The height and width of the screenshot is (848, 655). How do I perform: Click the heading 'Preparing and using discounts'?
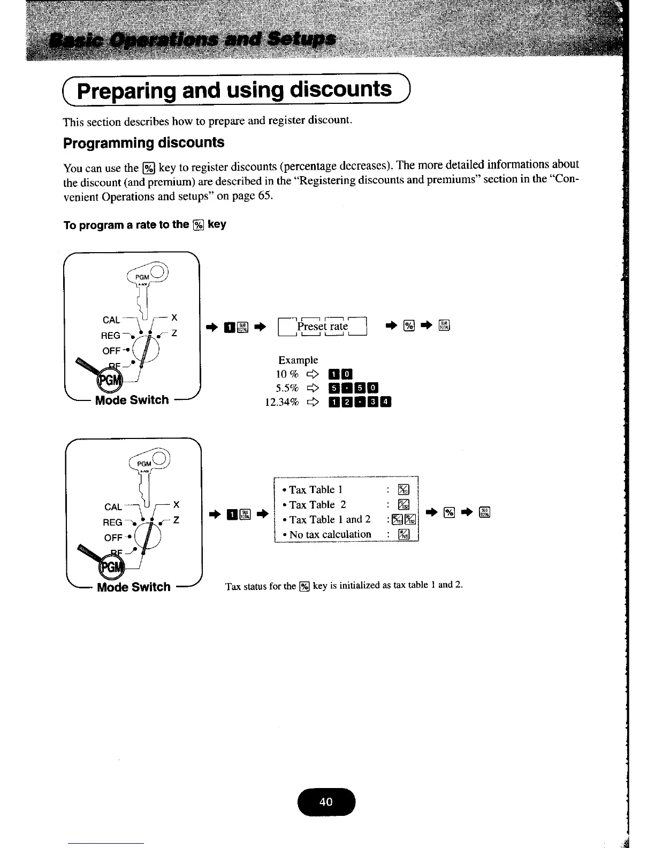[234, 90]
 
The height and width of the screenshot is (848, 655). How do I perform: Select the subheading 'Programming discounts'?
[143, 143]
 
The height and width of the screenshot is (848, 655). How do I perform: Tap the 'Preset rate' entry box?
[323, 326]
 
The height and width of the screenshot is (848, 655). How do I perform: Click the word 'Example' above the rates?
[298, 360]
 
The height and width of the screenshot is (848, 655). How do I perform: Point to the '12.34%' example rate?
[281, 402]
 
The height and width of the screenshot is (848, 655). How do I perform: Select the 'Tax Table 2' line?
[317, 505]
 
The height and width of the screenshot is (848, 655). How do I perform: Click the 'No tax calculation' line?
[330, 534]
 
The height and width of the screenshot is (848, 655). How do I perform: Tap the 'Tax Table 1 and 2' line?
[330, 519]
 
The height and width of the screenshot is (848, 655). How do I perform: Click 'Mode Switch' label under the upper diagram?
[132, 400]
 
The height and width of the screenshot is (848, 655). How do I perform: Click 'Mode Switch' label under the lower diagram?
[134, 587]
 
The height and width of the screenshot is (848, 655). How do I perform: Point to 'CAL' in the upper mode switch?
[111, 320]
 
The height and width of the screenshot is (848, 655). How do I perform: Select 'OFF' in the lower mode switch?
[113, 537]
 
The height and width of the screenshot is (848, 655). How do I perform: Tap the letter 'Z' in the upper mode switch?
[174, 333]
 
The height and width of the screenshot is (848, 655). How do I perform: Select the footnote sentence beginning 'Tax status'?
[344, 586]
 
